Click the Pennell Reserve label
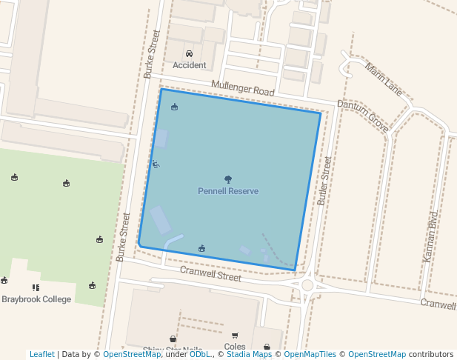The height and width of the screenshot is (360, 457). [228, 191]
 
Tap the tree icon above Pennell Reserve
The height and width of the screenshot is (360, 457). [228, 179]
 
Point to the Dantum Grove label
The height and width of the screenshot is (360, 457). [363, 116]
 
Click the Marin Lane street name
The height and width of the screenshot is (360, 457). [384, 79]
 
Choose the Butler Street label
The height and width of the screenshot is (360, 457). [324, 180]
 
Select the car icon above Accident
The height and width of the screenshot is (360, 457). [189, 54]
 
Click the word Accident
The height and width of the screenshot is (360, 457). [190, 65]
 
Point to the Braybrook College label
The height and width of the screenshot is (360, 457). [36, 299]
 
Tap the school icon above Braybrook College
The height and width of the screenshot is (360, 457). [35, 287]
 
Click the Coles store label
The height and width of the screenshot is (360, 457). [234, 346]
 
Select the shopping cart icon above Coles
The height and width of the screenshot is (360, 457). [235, 336]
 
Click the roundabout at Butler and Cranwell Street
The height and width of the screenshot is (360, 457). [308, 285]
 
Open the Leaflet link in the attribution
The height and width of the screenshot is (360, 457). [42, 354]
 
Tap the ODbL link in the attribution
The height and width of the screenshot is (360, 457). [199, 354]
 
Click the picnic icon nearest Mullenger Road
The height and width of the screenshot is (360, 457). [174, 107]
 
